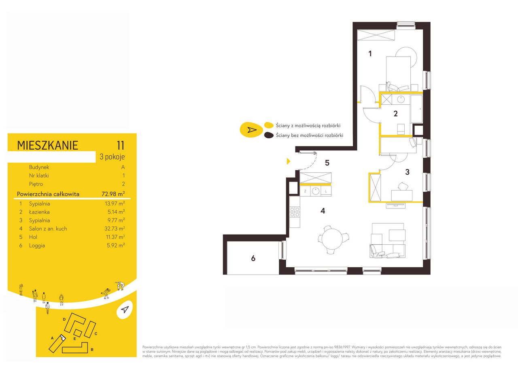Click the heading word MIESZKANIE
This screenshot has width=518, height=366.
[47, 145]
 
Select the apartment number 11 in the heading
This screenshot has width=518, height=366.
[121, 145]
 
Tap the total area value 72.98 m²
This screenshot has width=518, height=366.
[113, 194]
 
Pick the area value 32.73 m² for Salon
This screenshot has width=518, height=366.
[115, 228]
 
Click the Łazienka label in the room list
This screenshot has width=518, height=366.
[39, 212]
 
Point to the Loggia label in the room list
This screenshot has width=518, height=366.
[37, 245]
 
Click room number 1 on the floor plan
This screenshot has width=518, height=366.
[370, 54]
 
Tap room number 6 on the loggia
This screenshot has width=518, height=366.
[253, 258]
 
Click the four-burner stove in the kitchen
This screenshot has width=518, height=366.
[295, 212]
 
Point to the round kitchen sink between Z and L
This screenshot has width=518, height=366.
[315, 191]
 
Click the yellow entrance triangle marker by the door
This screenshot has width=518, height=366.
[289, 161]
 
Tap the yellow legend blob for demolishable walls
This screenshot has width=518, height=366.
[269, 125]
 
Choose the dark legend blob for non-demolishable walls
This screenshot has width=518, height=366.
[269, 135]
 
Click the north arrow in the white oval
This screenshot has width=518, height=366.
[125, 310]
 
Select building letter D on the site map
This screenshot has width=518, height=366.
[64, 319]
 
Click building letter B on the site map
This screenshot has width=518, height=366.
[92, 349]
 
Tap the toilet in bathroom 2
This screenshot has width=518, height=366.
[401, 129]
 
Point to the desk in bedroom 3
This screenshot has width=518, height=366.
[402, 195]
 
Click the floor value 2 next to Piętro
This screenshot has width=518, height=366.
[123, 184]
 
